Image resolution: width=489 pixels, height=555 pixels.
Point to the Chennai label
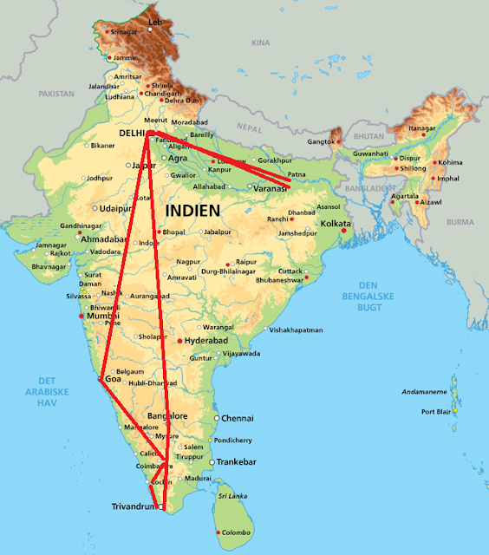237,418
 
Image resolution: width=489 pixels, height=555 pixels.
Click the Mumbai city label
102,317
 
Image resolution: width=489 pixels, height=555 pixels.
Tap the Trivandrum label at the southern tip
134,506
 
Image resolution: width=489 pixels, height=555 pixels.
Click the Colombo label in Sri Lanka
235,531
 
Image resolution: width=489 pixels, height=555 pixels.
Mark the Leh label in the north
155,21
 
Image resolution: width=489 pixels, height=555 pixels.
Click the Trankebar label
238,462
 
